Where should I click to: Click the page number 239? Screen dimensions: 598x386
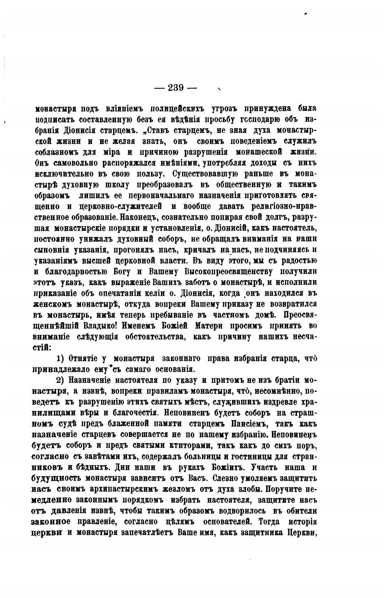175,88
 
